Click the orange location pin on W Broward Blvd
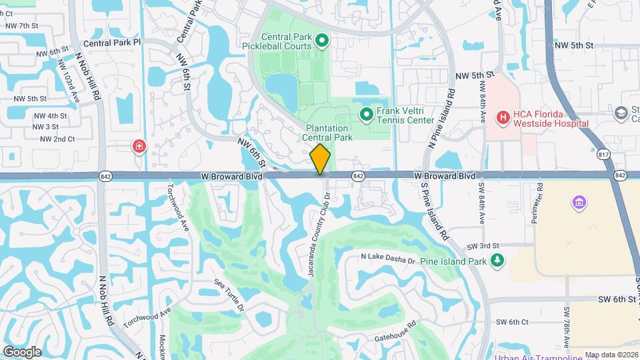tap(320, 159)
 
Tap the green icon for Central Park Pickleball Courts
tap(322, 42)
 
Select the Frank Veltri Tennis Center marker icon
tap(366, 115)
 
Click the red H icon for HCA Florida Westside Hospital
tap(503, 118)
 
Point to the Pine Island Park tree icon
tap(496, 261)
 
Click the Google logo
tap(22, 351)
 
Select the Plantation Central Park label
tap(327, 133)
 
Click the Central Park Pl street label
tap(113, 42)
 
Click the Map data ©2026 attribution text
tap(610, 355)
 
